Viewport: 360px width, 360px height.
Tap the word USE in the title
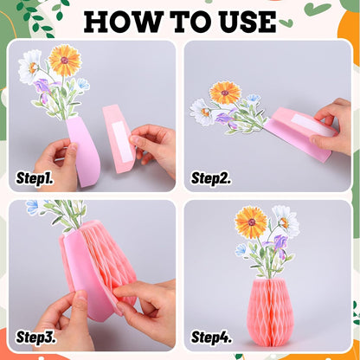click(x=247, y=22)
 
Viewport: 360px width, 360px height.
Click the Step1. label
click(x=35, y=178)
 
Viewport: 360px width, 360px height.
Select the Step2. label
click(x=211, y=178)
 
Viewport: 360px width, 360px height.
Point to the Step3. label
click(x=35, y=337)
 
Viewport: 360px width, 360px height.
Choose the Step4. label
click(x=211, y=337)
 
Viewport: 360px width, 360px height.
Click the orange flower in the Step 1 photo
click(x=65, y=61)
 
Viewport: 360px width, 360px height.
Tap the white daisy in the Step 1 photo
click(x=30, y=67)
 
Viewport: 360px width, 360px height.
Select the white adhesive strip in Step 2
click(x=312, y=125)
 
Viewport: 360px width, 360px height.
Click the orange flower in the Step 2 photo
click(x=225, y=93)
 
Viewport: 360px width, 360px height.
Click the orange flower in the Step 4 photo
click(x=251, y=222)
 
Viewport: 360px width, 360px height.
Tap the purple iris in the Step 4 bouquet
click(x=278, y=244)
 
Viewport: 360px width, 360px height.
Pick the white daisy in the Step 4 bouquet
click(x=286, y=221)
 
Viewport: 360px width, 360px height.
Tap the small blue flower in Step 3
click(x=32, y=207)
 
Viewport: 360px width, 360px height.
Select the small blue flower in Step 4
click(x=242, y=249)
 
